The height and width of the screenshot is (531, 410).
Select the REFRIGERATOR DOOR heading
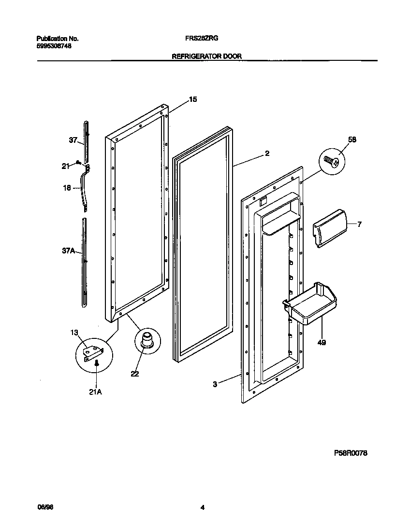click(207, 56)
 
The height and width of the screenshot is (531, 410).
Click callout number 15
click(192, 99)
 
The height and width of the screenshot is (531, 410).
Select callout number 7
click(359, 224)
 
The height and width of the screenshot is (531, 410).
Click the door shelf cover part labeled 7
click(329, 228)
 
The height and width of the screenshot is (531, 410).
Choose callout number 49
click(322, 343)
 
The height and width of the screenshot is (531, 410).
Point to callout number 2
click(267, 154)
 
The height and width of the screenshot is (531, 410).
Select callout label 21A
click(95, 392)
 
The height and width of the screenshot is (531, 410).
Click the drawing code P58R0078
click(351, 453)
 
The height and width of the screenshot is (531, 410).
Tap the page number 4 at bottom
click(203, 507)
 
